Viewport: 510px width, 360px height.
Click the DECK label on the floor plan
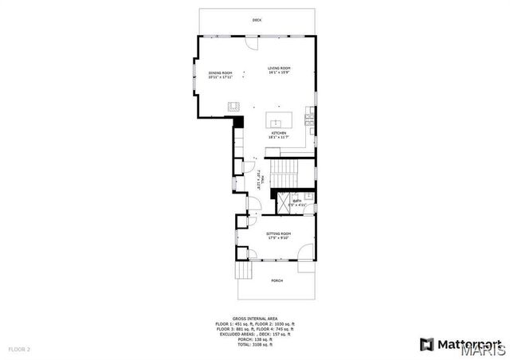tap(257, 20)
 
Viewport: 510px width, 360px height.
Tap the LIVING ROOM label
tap(279, 68)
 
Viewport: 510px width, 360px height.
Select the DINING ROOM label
tap(220, 72)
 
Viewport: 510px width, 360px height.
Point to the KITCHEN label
tap(278, 133)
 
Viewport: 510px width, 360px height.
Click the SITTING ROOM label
tap(278, 233)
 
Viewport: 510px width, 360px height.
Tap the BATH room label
tap(297, 201)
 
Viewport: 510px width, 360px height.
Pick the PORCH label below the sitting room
tap(277, 280)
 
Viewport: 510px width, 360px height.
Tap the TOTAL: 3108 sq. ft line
tap(254, 343)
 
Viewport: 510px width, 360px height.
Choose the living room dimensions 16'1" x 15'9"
tap(279, 73)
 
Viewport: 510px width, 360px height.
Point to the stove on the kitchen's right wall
tap(312, 120)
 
